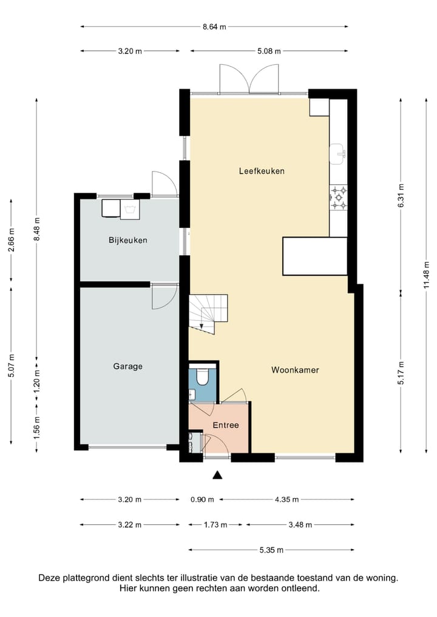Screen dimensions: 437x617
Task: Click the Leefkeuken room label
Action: pyautogui.click(x=262, y=171)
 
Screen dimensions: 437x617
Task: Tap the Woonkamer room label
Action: pyautogui.click(x=295, y=370)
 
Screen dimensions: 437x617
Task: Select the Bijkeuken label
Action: pyautogui.click(x=128, y=240)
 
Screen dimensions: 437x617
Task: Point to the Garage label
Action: pyautogui.click(x=127, y=366)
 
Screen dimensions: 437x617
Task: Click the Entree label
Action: pyautogui.click(x=226, y=425)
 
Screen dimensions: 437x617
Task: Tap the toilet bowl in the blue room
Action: pyautogui.click(x=203, y=376)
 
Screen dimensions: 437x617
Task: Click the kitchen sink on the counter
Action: pyautogui.click(x=338, y=154)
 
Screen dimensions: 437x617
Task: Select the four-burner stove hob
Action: pyautogui.click(x=339, y=198)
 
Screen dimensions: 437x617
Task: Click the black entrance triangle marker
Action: pyautogui.click(x=217, y=475)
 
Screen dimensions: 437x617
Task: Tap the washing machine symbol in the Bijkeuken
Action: pyautogui.click(x=130, y=209)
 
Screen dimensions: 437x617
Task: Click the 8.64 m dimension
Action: pyautogui.click(x=214, y=27)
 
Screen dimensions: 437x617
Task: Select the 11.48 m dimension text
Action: pyautogui.click(x=426, y=275)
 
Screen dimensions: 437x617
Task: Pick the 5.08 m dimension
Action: pyautogui.click(x=269, y=51)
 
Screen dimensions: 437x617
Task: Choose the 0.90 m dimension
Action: pyautogui.click(x=202, y=500)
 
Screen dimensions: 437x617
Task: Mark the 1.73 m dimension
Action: pyautogui.click(x=215, y=525)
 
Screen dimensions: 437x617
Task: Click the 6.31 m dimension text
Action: pyautogui.click(x=401, y=196)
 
